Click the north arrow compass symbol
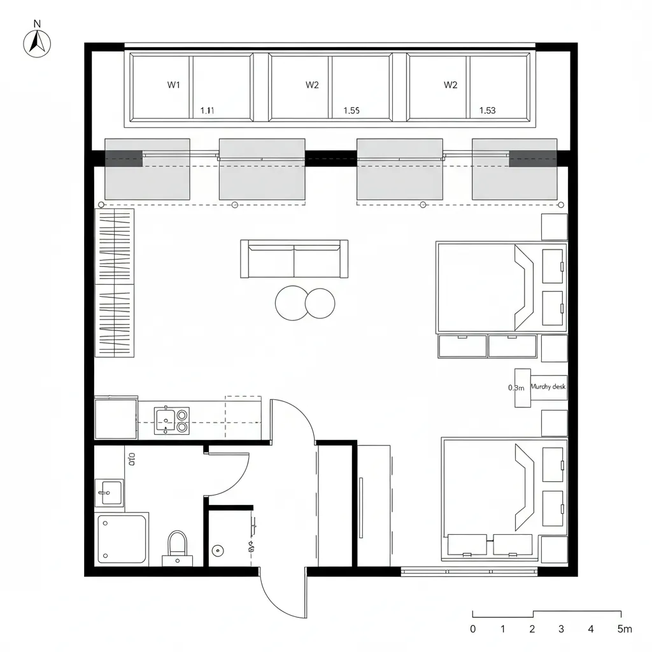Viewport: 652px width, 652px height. [x=37, y=42]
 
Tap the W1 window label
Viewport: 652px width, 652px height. [x=174, y=85]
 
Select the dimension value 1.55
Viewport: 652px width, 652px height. [x=351, y=110]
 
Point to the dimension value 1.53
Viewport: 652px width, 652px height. [x=487, y=110]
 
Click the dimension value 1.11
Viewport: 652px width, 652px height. [x=208, y=110]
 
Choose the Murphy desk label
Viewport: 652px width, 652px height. [x=548, y=386]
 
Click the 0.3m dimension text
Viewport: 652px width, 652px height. [x=516, y=387]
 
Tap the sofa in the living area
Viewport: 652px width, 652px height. [x=294, y=259]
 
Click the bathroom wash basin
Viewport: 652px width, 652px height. [x=109, y=492]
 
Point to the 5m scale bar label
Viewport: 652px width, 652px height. [x=625, y=629]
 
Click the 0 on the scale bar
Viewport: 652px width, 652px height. [x=472, y=629]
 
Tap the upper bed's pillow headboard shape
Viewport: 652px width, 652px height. [x=524, y=287]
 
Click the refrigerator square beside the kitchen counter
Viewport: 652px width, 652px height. [x=116, y=419]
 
